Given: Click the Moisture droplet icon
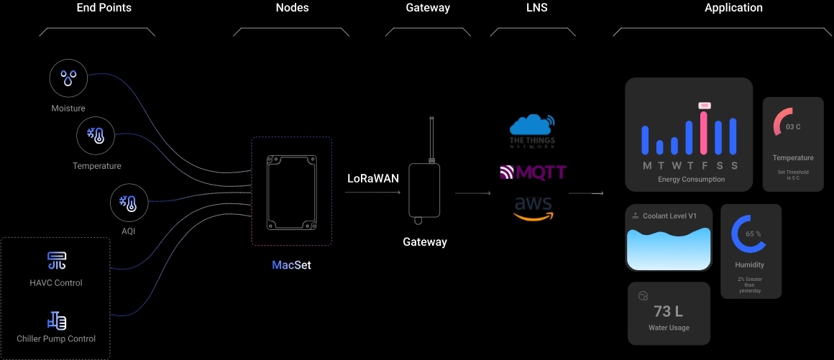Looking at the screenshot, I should click(x=68, y=78).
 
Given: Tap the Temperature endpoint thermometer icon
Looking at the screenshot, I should click(x=96, y=136).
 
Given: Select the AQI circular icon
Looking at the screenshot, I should click(x=129, y=202).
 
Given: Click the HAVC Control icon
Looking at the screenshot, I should click(x=57, y=261).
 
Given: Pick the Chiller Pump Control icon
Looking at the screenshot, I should click(x=57, y=320).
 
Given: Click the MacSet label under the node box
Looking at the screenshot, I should click(x=291, y=265).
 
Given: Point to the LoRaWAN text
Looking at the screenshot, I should click(x=373, y=178).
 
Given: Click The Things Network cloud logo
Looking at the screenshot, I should click(x=532, y=129).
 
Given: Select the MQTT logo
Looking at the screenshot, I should click(x=533, y=172).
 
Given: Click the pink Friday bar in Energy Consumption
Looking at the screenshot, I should click(x=704, y=131).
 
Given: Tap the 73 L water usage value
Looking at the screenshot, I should click(x=669, y=311).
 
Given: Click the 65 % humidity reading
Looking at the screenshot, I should click(x=753, y=234).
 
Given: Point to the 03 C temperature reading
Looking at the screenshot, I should click(x=793, y=126).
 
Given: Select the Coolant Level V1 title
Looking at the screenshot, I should click(x=670, y=216).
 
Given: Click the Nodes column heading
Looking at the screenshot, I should click(x=292, y=8).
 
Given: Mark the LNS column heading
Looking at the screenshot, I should click(x=536, y=8).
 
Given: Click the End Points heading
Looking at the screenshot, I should click(x=104, y=8).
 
